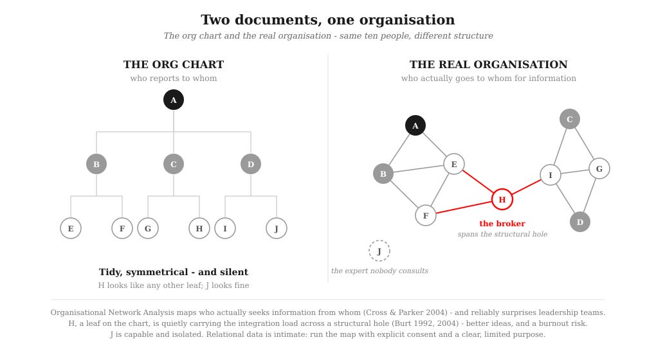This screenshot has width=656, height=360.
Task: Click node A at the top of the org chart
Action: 174,100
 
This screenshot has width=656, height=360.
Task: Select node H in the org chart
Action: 199,228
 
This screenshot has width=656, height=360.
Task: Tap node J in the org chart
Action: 277,228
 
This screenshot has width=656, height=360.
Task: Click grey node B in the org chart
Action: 96,164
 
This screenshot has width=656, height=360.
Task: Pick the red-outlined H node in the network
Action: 502,199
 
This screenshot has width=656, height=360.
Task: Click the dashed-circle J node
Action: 379,251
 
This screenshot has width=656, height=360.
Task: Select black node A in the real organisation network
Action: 415,125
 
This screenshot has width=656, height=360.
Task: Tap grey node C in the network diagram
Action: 570,119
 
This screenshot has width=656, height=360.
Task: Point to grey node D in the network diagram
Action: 580,222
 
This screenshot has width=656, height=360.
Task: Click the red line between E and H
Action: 478,182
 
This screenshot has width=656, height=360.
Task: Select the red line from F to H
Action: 464,208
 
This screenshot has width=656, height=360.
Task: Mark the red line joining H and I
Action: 526,187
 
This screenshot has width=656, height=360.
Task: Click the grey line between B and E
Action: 419,169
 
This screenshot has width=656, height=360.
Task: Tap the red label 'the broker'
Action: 502,224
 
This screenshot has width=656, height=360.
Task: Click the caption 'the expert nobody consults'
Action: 379,271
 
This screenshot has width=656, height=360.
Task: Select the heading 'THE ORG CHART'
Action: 174,64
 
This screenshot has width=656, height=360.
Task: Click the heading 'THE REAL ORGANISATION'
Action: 489,64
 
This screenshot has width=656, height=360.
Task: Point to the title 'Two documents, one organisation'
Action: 327,20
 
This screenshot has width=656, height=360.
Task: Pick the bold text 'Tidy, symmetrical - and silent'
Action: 174,272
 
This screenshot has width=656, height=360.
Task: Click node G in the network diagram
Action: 599,168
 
